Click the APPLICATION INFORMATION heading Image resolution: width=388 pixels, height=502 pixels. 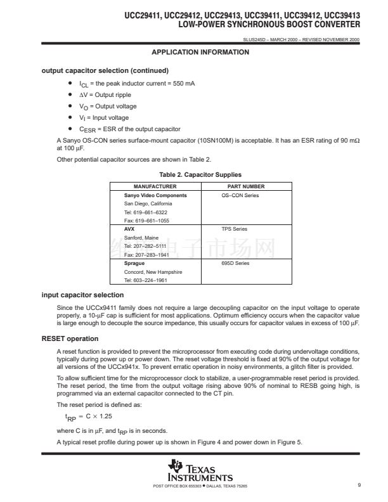tap(200, 52)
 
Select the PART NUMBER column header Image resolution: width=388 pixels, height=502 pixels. tap(245, 187)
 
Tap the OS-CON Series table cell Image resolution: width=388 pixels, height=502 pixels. tap(235, 195)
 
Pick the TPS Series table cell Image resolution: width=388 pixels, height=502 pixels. tap(234, 229)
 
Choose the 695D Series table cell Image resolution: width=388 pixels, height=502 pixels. tap(235, 263)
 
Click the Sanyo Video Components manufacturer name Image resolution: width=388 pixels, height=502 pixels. tap(155, 195)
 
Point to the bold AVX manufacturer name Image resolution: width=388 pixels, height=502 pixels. tap(129, 229)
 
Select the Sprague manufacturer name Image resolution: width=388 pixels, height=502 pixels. tap(134, 263)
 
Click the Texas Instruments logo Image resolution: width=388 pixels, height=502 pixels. tap(200, 471)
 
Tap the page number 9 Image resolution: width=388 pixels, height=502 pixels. tap(359, 486)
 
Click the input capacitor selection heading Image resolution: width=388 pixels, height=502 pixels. tap(82, 295)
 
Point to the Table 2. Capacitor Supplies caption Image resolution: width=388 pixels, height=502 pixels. tap(200, 175)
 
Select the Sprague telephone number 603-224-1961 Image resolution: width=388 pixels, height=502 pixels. tap(145, 280)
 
